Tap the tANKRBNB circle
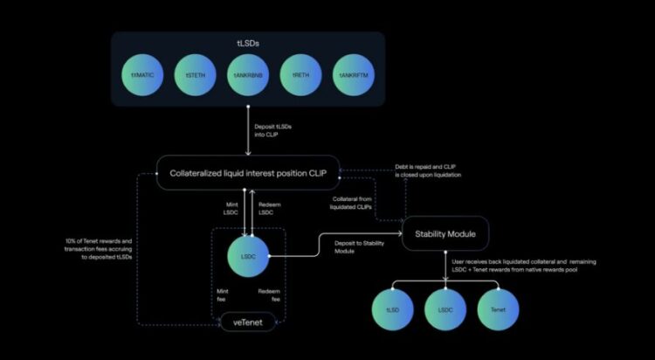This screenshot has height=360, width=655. tap(250, 75)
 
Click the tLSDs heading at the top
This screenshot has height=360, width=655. tap(250, 41)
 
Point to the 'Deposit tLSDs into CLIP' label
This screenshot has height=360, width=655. tap(278, 130)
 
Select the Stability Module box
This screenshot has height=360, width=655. tap(445, 233)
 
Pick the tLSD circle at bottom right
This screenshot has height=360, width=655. tap(392, 309)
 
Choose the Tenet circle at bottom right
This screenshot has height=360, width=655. tap(499, 309)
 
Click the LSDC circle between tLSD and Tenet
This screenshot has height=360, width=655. tap(445, 309)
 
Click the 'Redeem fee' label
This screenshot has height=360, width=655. tap(271, 294)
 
